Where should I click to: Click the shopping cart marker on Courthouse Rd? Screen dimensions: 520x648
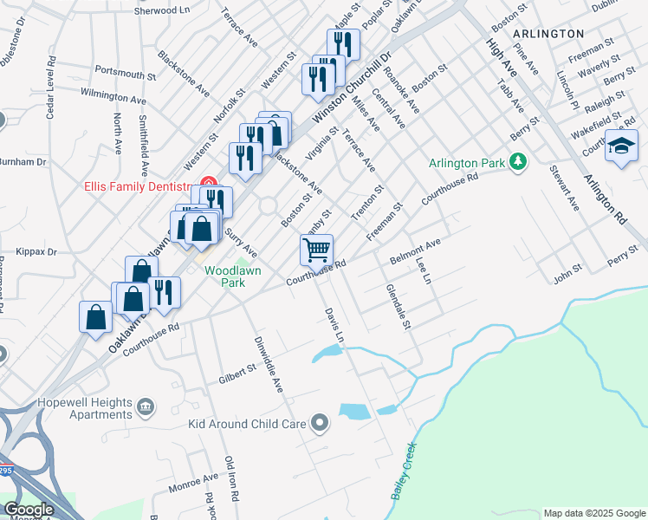[x=317, y=250]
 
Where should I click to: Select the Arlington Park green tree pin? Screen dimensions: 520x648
[x=518, y=161]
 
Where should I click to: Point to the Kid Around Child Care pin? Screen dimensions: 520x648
[x=321, y=424]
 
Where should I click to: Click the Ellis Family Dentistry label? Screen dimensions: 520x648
[x=136, y=185]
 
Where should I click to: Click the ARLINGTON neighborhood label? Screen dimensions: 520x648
[x=548, y=33]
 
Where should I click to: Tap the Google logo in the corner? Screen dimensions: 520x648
[x=29, y=510]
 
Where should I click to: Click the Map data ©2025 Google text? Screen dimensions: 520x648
[x=594, y=513]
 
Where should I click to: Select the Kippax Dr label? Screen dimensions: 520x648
[x=36, y=252]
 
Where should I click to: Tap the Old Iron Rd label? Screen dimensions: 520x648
[x=230, y=480]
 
